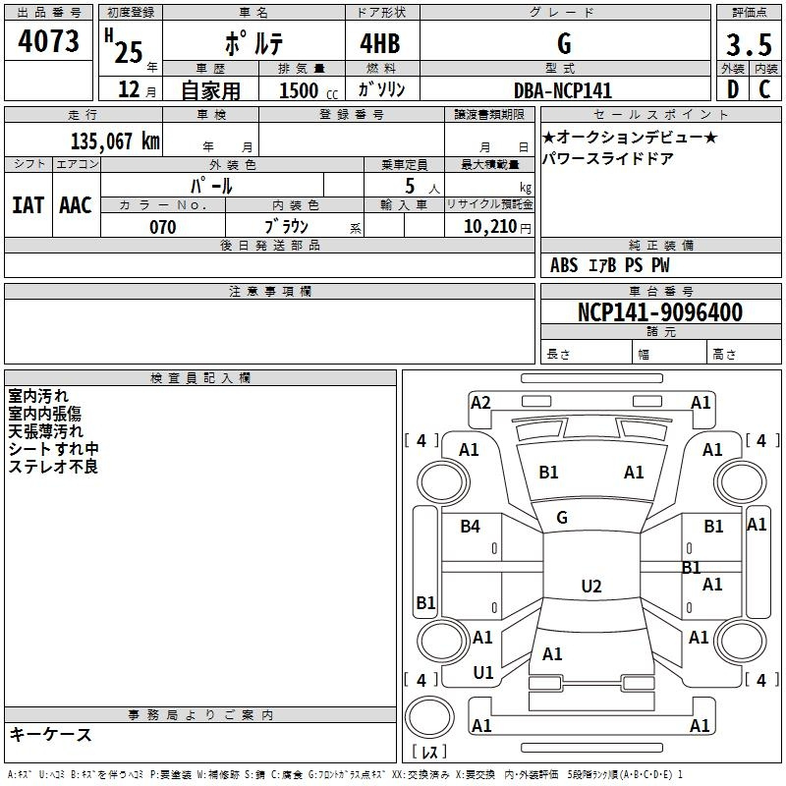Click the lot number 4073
click(49, 42)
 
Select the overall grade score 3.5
click(747, 45)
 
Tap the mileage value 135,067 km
click(114, 141)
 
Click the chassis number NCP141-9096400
click(659, 312)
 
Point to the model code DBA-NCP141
click(562, 90)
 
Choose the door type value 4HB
click(378, 44)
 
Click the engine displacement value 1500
click(299, 91)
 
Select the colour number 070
click(162, 227)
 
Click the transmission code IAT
click(28, 204)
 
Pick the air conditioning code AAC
click(76, 204)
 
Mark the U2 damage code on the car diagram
click(590, 587)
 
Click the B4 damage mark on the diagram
click(471, 527)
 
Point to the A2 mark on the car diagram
click(480, 402)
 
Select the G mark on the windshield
click(562, 518)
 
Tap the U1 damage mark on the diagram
click(482, 673)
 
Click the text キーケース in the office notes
click(50, 734)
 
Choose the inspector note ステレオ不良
click(53, 467)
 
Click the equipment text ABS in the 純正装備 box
click(564, 265)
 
